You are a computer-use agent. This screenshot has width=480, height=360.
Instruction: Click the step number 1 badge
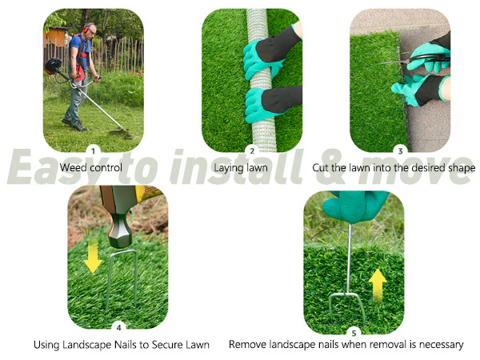pyautogui.click(x=93, y=150)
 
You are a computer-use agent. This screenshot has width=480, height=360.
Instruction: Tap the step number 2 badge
pyautogui.click(x=252, y=150)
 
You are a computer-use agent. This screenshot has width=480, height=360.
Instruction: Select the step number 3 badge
pyautogui.click(x=400, y=150)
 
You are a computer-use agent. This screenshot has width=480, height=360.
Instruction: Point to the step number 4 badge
pyautogui.click(x=118, y=327)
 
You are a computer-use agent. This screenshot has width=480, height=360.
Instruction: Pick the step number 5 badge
pyautogui.click(x=354, y=333)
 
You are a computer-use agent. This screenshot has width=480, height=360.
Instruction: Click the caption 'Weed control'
pyautogui.click(x=91, y=168)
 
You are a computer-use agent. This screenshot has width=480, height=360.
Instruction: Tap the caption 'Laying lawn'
pyautogui.click(x=241, y=168)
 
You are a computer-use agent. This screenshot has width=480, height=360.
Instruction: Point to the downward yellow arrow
pyautogui.click(x=93, y=256)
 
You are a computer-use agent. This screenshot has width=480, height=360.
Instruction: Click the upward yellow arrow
pyautogui.click(x=378, y=285)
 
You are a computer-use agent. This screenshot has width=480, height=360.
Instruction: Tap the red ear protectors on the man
pyautogui.click(x=86, y=29)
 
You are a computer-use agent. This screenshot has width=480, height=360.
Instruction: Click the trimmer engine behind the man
pyautogui.click(x=53, y=66)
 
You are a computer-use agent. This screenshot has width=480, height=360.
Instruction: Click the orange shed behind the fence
pyautogui.click(x=56, y=36)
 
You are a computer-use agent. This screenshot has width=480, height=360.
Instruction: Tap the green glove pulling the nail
pyautogui.click(x=355, y=206)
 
